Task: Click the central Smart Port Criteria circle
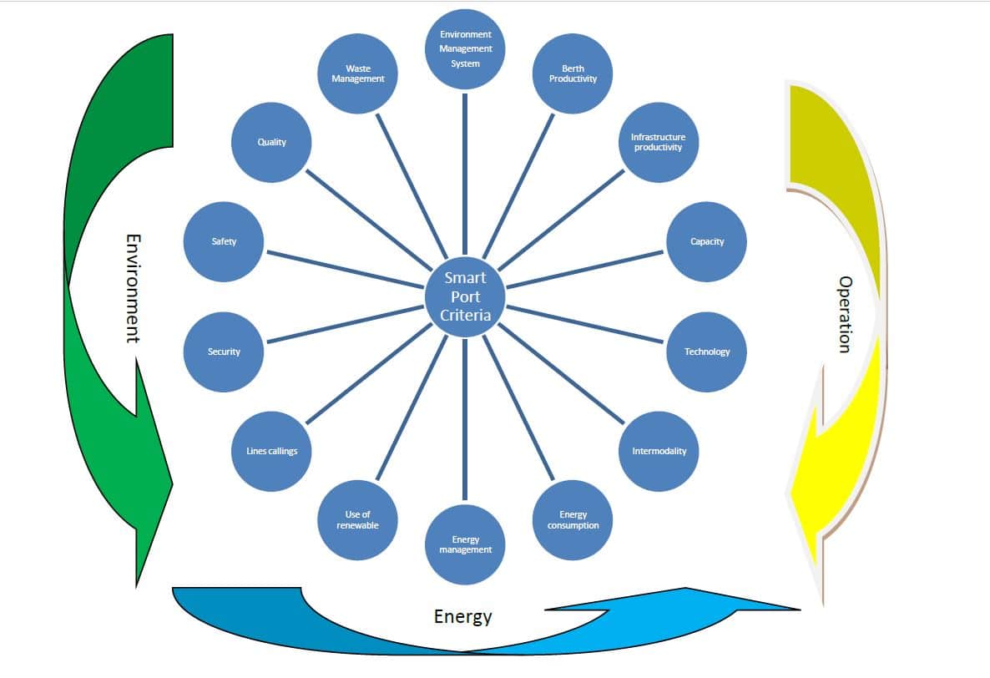pos(464,297)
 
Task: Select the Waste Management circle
pos(358,73)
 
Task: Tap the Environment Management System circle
pos(465,48)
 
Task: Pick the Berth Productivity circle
pos(573,73)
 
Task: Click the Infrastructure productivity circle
pos(658,142)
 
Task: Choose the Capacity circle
pos(707,241)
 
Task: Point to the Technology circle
pos(707,352)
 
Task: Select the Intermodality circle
pos(658,451)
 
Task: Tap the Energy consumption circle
pos(573,519)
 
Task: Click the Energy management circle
pos(465,544)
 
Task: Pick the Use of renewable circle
pos(358,519)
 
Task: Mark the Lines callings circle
pos(271,451)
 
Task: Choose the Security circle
pos(224,352)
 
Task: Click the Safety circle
pos(224,241)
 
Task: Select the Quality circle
pos(271,142)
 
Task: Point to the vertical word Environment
pos(133,288)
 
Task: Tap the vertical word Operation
pos(845,314)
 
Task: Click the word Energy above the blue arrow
pos(462,617)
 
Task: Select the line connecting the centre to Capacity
pos(584,269)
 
